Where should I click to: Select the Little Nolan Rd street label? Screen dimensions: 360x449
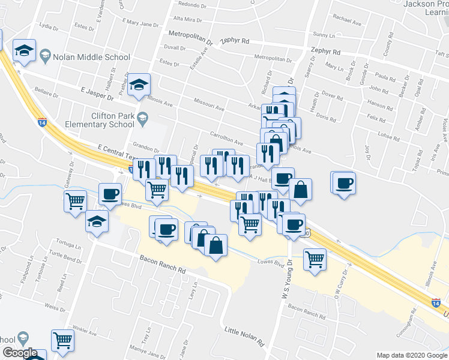pyautogui.click(x=244, y=336)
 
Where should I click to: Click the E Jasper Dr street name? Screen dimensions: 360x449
pyautogui.click(x=97, y=92)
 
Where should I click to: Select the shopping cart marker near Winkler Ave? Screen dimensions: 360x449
pyautogui.click(x=62, y=340)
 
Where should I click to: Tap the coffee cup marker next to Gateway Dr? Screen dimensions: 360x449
pyautogui.click(x=110, y=194)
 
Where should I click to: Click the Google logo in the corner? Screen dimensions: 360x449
pyautogui.click(x=20, y=353)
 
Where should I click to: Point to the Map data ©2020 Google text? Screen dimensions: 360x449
pyautogui.click(x=412, y=355)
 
